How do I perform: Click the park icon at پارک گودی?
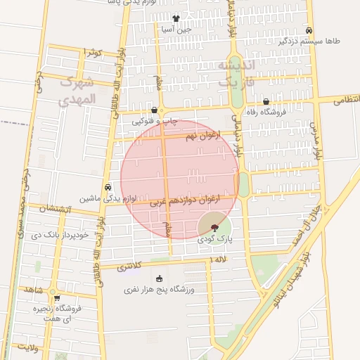click(214, 227)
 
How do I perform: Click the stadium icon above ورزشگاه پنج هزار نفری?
click(159, 279)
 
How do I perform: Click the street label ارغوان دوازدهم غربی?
click(185, 200)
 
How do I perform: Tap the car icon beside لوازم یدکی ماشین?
click(107, 188)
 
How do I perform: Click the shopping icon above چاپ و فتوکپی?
click(155, 110)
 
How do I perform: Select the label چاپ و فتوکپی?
click(151, 122)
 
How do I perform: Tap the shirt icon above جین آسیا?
click(175, 19)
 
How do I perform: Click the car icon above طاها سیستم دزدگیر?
click(309, 30)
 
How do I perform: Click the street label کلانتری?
click(128, 266)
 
